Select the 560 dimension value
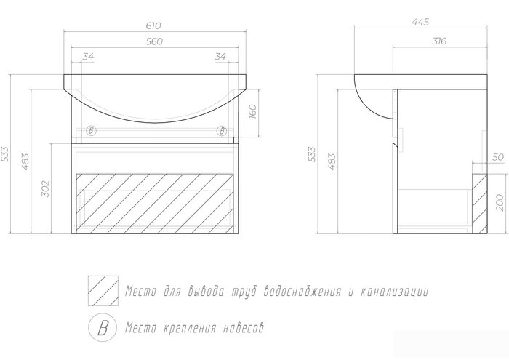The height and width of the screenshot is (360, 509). (x=154, y=41)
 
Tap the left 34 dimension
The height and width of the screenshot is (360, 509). (x=88, y=57)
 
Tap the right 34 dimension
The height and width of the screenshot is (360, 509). (x=220, y=57)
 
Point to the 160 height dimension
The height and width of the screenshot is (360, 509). (x=253, y=111)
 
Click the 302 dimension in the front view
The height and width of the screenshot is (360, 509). (x=46, y=188)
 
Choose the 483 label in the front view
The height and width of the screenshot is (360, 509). (x=25, y=161)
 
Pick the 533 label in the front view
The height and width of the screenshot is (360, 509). (x=6, y=154)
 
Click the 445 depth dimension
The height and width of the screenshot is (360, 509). (x=420, y=22)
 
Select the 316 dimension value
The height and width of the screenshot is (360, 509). (x=439, y=41)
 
